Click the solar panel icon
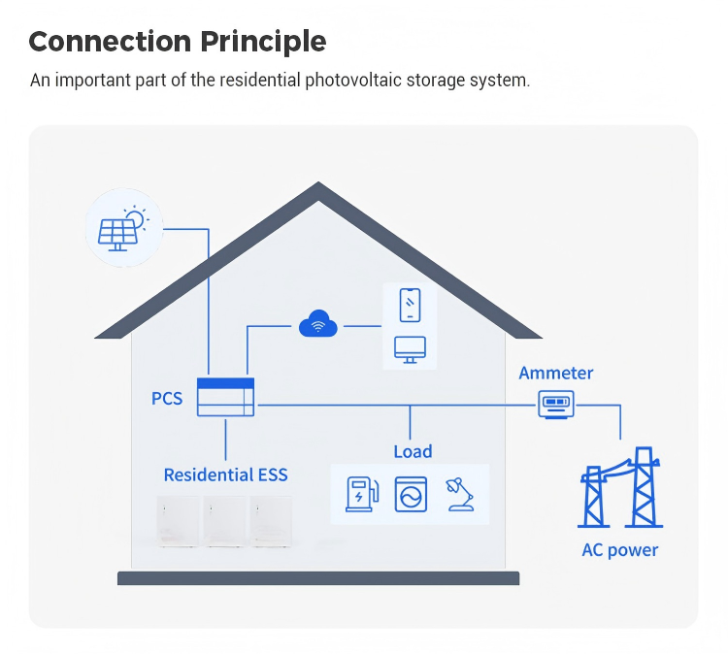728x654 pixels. [117, 235]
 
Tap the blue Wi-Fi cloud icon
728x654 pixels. [318, 323]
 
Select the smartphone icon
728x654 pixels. [410, 305]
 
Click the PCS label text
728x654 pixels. [167, 398]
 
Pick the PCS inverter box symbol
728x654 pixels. [225, 397]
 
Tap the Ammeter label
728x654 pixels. [556, 373]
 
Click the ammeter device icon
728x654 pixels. [556, 405]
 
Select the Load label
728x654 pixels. [413, 451]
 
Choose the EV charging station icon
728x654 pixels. [362, 494]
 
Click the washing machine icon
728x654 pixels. [411, 494]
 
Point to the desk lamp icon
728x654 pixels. [460, 494]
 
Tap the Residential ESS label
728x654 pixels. [225, 474]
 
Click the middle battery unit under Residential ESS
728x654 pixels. [225, 521]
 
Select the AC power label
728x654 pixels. [620, 550]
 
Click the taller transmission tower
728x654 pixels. [644, 487]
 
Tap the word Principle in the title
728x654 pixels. [263, 42]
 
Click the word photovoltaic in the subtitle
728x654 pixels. [353, 80]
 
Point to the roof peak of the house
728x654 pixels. [318, 182]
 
